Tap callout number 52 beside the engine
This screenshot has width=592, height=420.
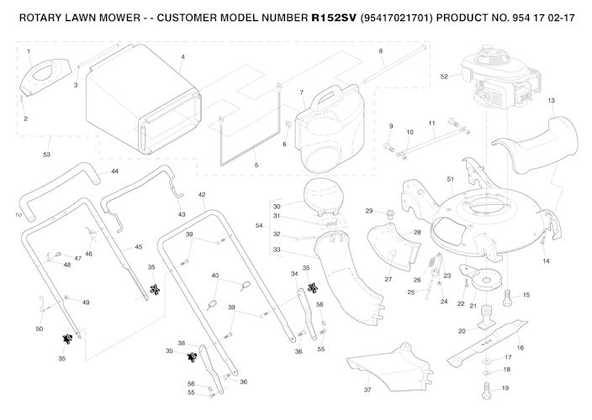click(x=444, y=76)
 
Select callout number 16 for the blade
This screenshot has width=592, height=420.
click(x=521, y=346)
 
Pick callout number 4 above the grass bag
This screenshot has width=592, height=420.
click(x=182, y=57)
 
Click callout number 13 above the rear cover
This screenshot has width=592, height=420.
click(x=551, y=101)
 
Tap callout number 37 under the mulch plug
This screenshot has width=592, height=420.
click(x=367, y=390)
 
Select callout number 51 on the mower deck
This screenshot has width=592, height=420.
click(x=450, y=179)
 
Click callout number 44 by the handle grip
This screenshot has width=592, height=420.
click(x=114, y=171)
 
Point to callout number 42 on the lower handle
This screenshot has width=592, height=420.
click(x=202, y=194)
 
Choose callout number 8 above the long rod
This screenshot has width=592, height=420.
click(x=380, y=51)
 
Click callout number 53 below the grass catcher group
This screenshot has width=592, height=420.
click(x=47, y=155)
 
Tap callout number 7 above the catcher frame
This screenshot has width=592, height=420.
click(x=301, y=91)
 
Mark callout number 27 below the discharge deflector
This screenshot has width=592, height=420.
click(x=388, y=279)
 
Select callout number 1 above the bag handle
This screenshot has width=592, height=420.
click(x=29, y=52)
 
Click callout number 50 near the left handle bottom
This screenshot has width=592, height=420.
click(x=40, y=328)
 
